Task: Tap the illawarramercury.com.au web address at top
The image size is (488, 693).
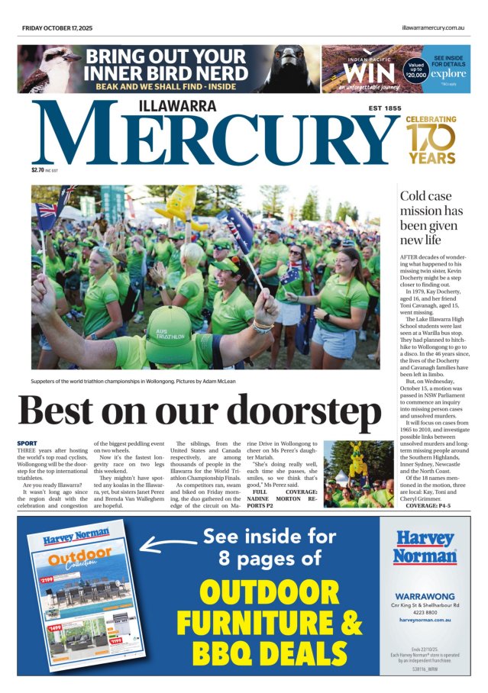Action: click(x=433, y=27)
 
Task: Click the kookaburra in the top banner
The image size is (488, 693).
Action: click(x=47, y=69)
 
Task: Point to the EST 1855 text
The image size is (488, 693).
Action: click(x=384, y=108)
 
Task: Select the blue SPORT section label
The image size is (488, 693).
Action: click(x=26, y=443)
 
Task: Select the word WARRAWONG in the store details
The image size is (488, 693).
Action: click(x=425, y=595)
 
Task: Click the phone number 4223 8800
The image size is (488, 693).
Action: click(x=425, y=612)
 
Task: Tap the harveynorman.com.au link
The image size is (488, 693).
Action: click(x=425, y=620)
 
